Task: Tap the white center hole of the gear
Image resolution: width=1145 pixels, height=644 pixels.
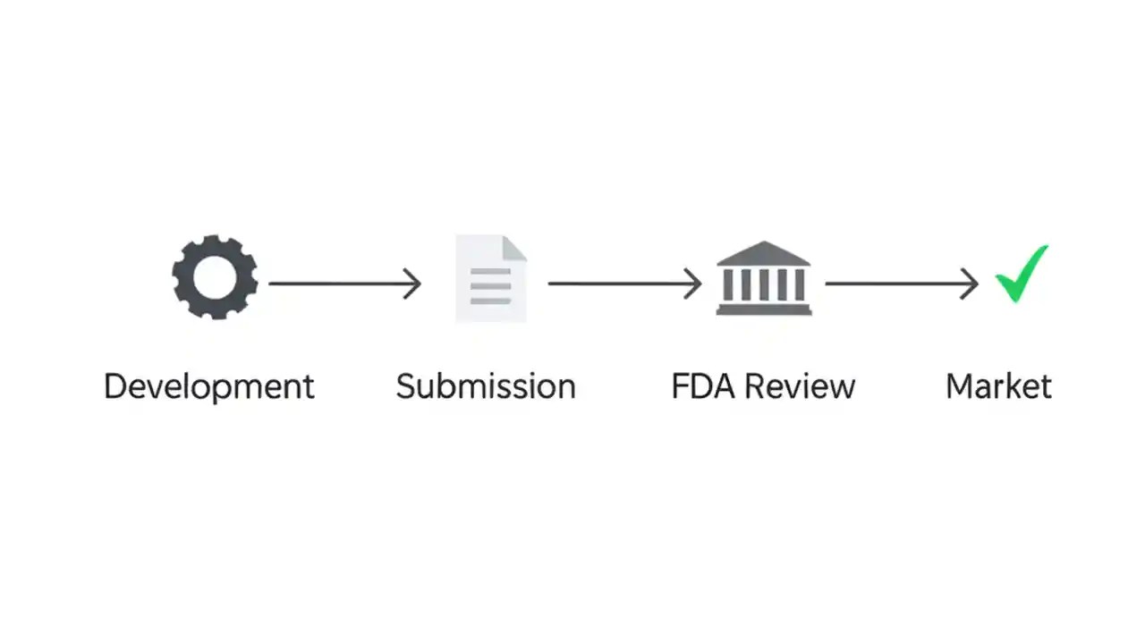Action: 215,277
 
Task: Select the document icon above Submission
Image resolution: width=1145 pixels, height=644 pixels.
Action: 491,278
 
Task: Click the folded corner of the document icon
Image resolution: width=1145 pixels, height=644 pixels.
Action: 514,248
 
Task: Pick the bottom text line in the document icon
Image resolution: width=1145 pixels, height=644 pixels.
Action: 490,301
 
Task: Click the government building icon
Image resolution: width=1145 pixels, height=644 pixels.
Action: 763,278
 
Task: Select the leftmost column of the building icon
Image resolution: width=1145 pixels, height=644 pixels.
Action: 727,285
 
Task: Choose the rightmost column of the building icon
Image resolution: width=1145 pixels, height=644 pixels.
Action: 799,285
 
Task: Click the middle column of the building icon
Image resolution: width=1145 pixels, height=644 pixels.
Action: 763,285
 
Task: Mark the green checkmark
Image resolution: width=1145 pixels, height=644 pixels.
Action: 1022,275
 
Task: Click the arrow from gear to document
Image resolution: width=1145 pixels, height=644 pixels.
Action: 344,284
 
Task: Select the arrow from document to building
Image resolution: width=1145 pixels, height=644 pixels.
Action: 624,284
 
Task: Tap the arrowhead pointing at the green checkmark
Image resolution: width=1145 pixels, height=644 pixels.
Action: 971,284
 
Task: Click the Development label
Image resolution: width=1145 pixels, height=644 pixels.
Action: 209,386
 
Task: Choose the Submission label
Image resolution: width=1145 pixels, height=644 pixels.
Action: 486,386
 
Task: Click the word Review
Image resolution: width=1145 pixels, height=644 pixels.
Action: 800,386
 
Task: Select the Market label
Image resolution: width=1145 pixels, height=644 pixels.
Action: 998,386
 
